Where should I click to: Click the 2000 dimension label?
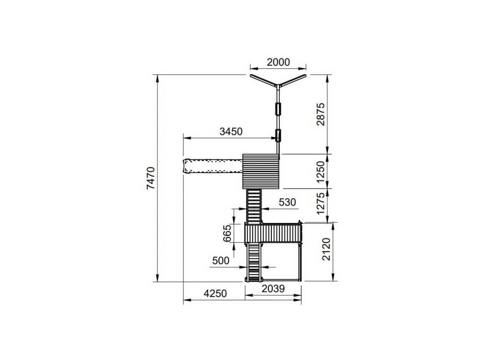tap(278, 62)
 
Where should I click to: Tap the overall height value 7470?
tap(151, 178)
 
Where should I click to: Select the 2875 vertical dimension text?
tap(321, 114)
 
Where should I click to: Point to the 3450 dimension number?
tap(231, 131)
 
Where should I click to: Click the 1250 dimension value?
tap(321, 172)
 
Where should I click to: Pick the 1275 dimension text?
tap(321, 203)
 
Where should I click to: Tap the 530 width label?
tap(287, 202)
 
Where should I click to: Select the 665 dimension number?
tap(227, 233)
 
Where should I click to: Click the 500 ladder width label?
tap(221, 261)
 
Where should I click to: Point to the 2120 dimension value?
tap(327, 249)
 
